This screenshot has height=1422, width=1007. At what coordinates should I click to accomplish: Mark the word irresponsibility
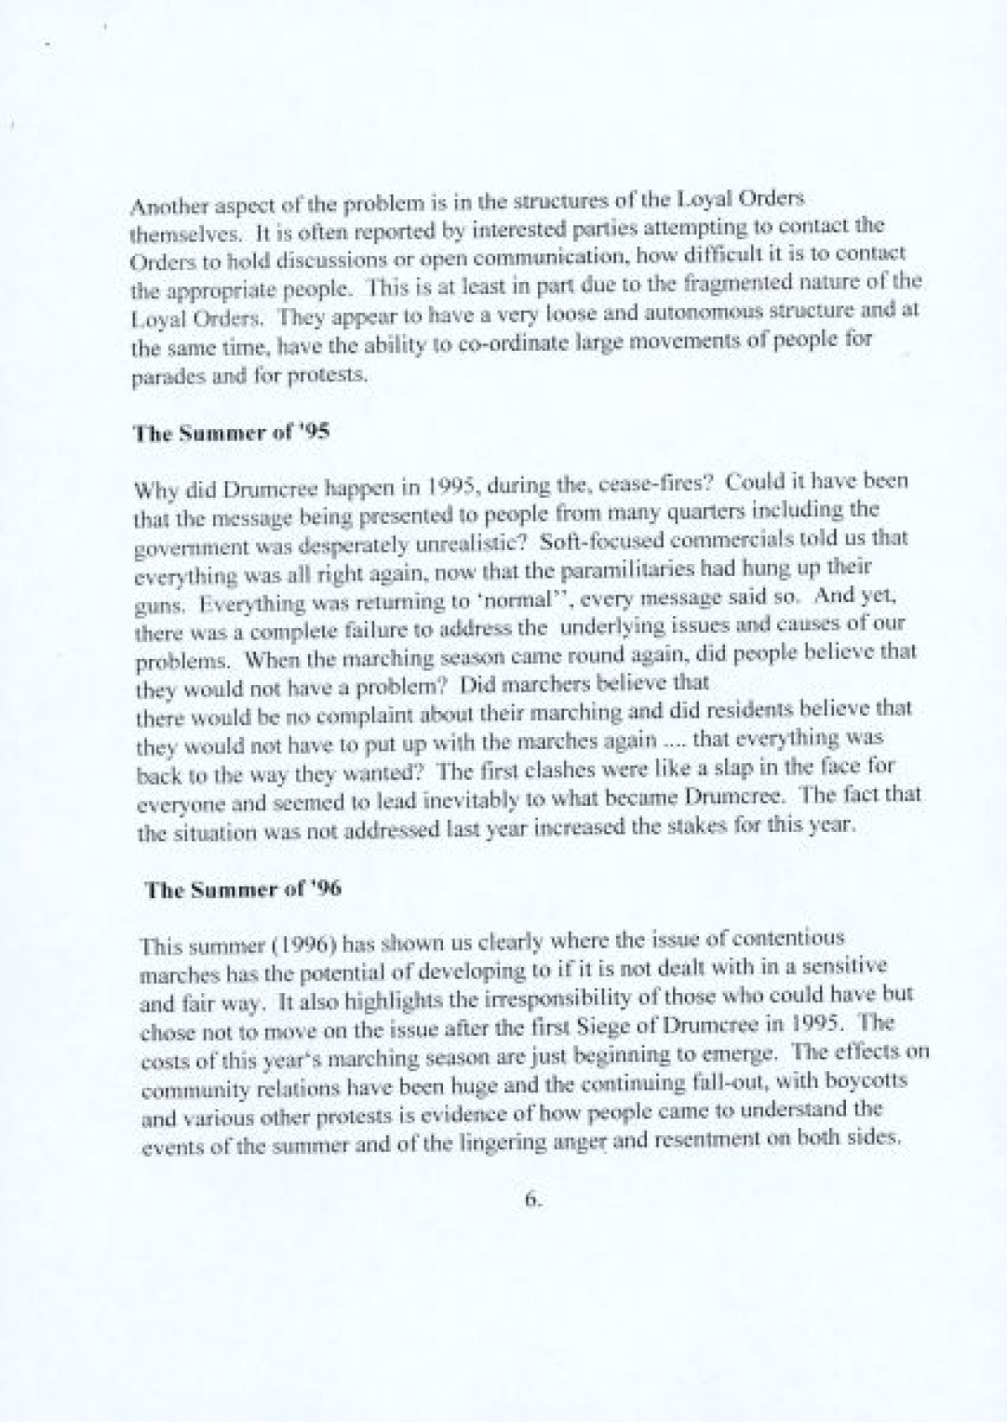tap(512, 996)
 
